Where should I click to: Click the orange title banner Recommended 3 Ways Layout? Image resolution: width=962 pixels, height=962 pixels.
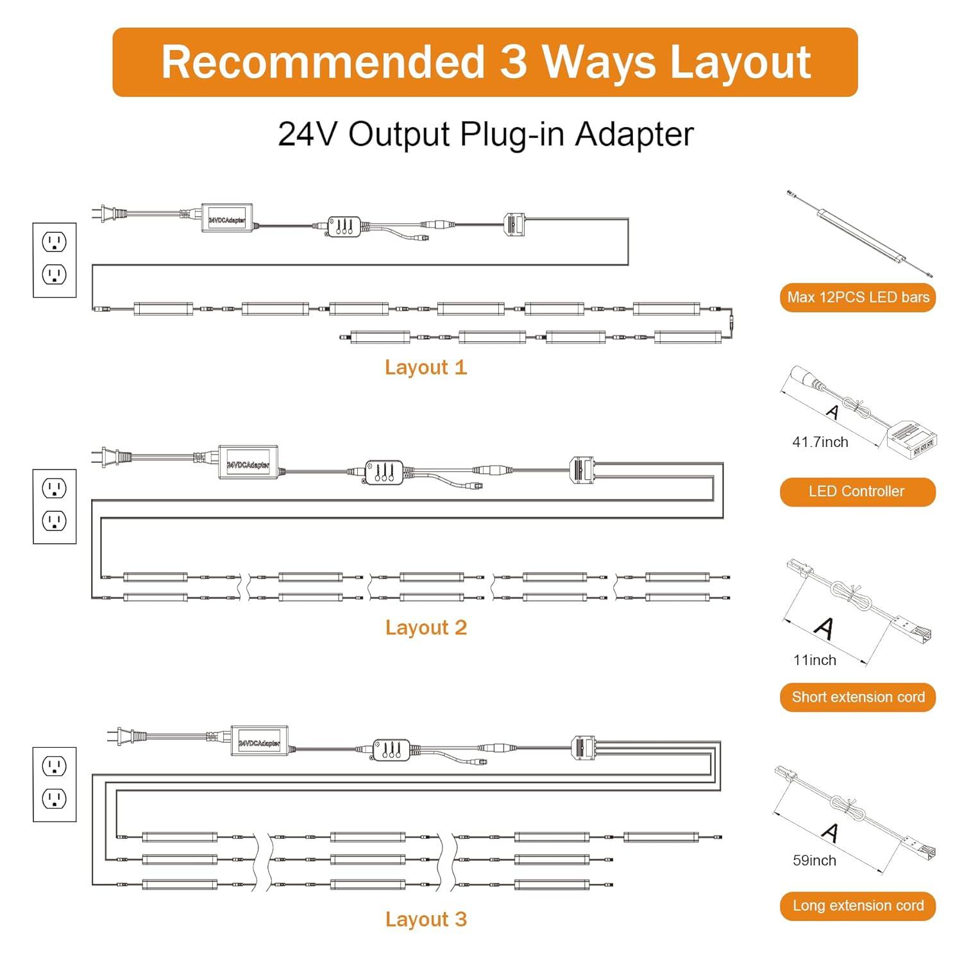tap(485, 62)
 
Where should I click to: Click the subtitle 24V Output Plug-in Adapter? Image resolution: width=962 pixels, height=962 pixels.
tap(485, 134)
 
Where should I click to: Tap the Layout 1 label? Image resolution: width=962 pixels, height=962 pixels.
tap(426, 367)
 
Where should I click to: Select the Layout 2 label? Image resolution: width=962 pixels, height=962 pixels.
tap(426, 627)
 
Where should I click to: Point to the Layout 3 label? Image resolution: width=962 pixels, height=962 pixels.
tap(426, 919)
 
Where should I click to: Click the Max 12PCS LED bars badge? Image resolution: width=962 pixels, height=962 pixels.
tap(858, 298)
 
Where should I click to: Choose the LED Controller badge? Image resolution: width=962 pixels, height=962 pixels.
tap(858, 492)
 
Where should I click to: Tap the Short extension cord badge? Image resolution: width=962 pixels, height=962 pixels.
tap(858, 697)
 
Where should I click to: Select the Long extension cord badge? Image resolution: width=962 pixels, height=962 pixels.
tap(858, 906)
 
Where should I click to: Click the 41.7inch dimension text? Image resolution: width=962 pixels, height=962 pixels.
tap(820, 442)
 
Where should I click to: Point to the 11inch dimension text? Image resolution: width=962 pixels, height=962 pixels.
tap(814, 660)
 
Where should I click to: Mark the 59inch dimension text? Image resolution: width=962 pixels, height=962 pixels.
tap(814, 861)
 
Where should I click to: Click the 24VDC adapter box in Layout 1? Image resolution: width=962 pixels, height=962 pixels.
tap(227, 218)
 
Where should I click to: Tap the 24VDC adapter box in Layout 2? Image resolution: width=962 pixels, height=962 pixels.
tap(248, 463)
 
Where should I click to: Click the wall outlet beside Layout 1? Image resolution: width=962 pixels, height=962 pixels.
tap(55, 260)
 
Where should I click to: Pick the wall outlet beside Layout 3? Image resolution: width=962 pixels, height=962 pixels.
tap(55, 784)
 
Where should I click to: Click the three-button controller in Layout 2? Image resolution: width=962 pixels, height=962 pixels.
tap(384, 472)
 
